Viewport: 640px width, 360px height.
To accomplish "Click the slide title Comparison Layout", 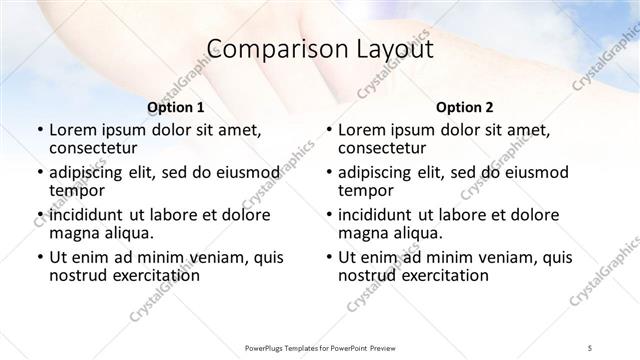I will (x=319, y=49).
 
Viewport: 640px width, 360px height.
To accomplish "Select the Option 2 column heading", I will (x=464, y=107).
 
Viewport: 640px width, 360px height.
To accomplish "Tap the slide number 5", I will (x=591, y=346).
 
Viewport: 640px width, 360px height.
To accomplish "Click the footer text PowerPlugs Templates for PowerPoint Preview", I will (x=320, y=346).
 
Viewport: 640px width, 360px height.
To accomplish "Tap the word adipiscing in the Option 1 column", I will (x=91, y=172).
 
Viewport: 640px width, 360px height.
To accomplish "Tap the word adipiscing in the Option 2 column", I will (x=380, y=172).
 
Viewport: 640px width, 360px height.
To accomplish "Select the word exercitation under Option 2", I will (x=438, y=274).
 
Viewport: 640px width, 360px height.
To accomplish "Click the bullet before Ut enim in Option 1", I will (x=39, y=258).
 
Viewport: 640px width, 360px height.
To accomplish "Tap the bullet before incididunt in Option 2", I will (x=328, y=216).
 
